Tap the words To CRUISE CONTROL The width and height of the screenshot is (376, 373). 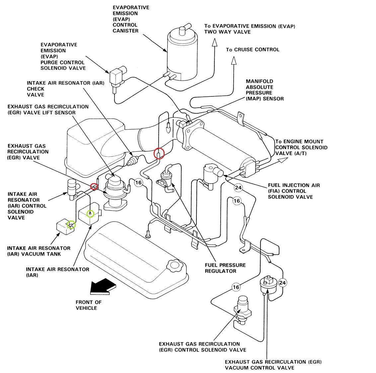(253, 50)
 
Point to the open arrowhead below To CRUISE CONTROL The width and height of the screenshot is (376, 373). (234, 61)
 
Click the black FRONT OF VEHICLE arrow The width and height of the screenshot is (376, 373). (103, 287)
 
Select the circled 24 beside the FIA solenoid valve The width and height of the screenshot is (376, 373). (238, 187)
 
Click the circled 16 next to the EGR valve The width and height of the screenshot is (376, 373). (138, 183)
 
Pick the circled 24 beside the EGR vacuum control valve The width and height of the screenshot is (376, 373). (282, 283)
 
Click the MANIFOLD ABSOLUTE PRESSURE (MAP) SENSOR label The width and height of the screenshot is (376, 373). (264, 90)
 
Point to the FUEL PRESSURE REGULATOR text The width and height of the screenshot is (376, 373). (225, 268)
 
